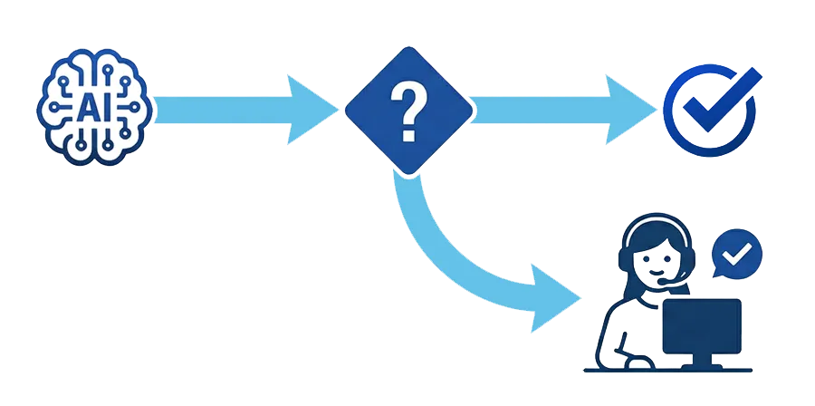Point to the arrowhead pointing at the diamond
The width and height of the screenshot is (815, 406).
(x=312, y=110)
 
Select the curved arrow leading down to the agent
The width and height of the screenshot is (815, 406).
(x=453, y=245)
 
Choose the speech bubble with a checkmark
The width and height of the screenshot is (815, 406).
(x=737, y=255)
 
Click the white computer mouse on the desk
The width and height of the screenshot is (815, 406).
(x=640, y=363)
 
